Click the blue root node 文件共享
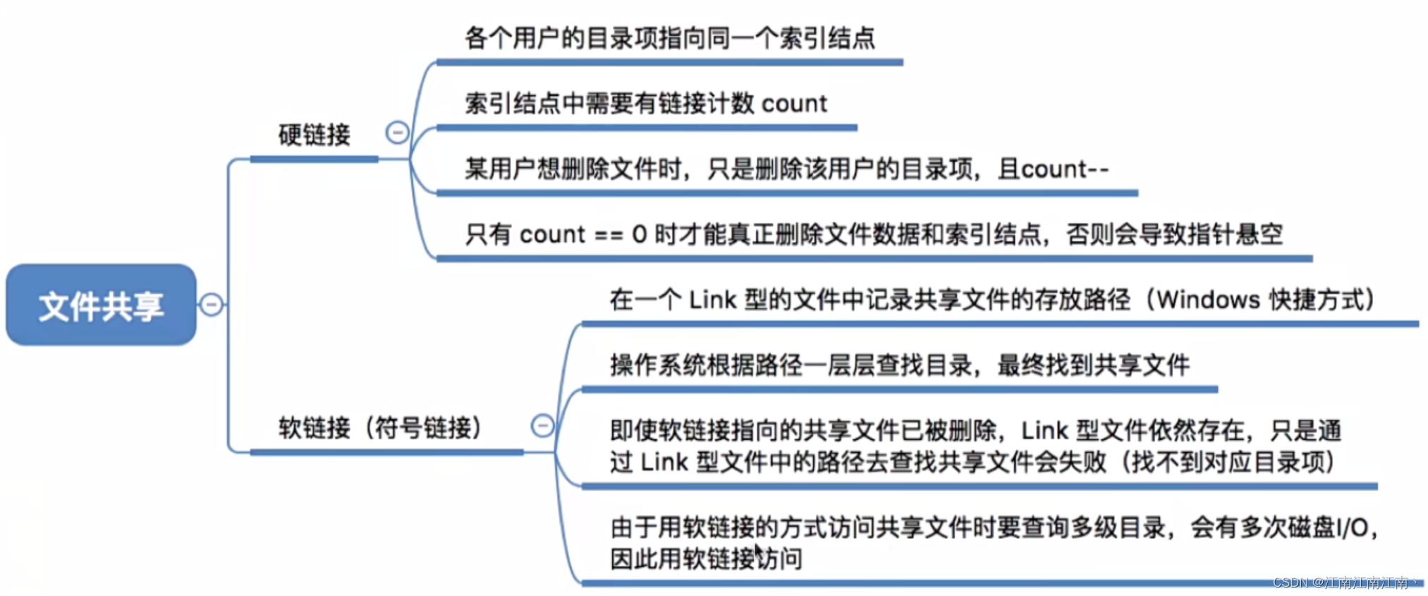pyautogui.click(x=101, y=305)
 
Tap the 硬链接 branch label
pyautogui.click(x=314, y=135)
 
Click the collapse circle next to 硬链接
pyautogui.click(x=397, y=132)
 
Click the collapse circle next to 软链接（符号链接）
pyautogui.click(x=542, y=425)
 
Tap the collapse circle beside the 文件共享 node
pyautogui.click(x=212, y=305)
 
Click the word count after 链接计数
pyautogui.click(x=794, y=104)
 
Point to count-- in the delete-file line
pyautogui.click(x=1065, y=169)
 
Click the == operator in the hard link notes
pyautogui.click(x=609, y=234)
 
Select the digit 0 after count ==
pyautogui.click(x=639, y=234)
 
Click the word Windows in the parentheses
pyautogui.click(x=1208, y=300)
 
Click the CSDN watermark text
pyautogui.click(x=1290, y=583)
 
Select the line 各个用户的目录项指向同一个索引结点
pyautogui.click(x=669, y=38)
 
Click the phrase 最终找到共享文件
pyautogui.click(x=1093, y=365)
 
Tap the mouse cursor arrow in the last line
pyautogui.click(x=758, y=551)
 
